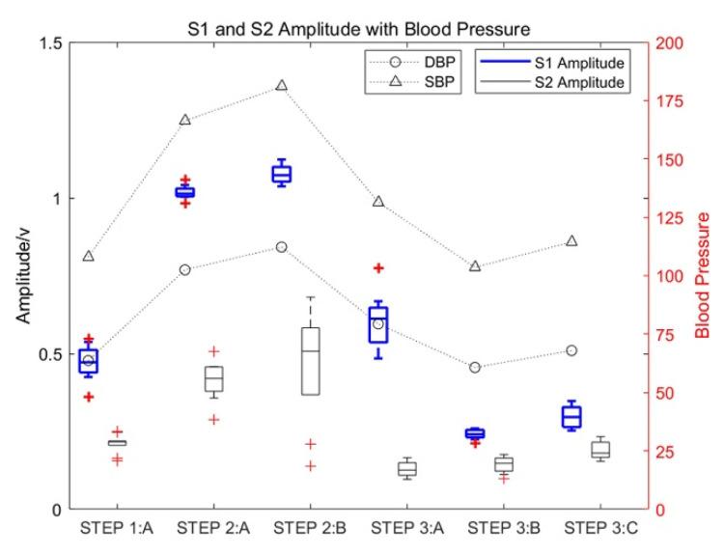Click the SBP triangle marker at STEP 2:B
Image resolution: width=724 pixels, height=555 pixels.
tap(281, 86)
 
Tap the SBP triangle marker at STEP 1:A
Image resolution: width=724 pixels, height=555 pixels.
tap(89, 257)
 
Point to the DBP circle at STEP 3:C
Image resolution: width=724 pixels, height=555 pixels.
tap(571, 350)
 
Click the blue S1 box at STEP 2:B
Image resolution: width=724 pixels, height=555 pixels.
tap(281, 174)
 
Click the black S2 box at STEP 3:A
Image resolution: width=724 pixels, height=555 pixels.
tap(407, 469)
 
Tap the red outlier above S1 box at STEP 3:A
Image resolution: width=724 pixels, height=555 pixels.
tap(378, 268)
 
